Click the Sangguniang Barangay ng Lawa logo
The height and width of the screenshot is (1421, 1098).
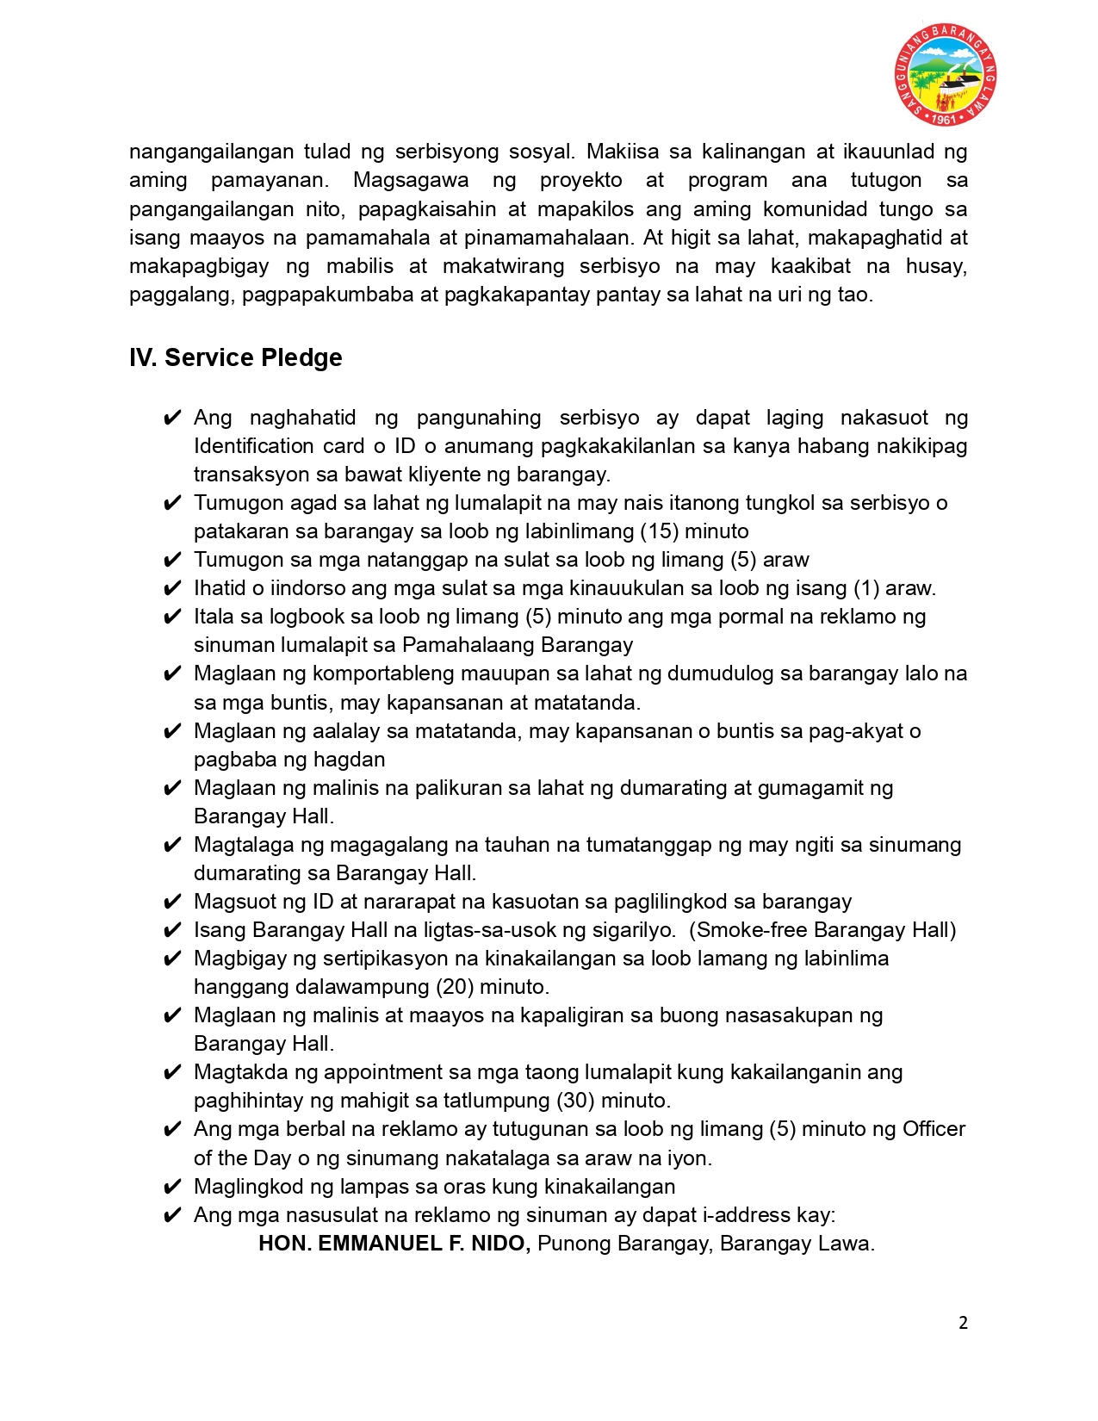(945, 74)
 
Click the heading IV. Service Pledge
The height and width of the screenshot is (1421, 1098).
(235, 357)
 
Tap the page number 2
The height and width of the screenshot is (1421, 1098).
(963, 1323)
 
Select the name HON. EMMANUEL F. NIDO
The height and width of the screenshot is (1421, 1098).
(394, 1244)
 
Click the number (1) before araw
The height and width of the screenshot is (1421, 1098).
(866, 588)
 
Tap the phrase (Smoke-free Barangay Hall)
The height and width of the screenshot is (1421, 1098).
(822, 930)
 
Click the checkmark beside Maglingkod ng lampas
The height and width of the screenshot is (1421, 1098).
(172, 1188)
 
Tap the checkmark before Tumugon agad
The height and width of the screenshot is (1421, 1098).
(172, 504)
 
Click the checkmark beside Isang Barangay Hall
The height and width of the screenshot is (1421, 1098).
(172, 931)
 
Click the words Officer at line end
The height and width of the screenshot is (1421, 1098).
(934, 1129)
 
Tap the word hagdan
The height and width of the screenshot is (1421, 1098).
(350, 760)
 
